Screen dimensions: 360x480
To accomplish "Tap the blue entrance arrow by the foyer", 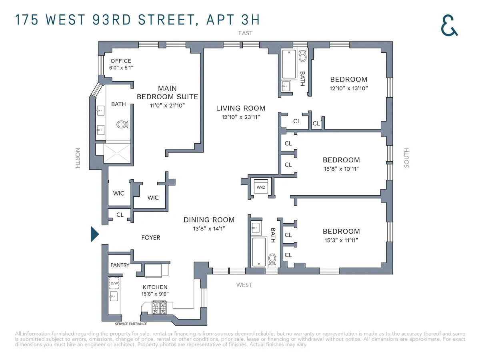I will click(x=94, y=234).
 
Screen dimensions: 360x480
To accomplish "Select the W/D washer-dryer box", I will click(x=261, y=187).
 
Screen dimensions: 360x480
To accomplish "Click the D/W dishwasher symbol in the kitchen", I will click(x=114, y=283).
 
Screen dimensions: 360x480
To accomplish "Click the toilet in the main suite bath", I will click(x=123, y=124).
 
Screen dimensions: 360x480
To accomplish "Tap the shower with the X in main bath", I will click(x=117, y=152).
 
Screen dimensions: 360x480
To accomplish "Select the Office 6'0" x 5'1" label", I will click(x=121, y=64).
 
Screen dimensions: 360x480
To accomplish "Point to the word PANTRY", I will click(x=120, y=265).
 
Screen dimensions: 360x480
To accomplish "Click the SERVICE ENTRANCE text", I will click(x=131, y=324).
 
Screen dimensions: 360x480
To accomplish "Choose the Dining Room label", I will click(x=209, y=220).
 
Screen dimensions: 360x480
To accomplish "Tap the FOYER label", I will click(x=151, y=238).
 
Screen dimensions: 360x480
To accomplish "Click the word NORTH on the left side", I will click(x=78, y=158).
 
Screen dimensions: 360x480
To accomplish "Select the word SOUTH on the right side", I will click(x=406, y=158).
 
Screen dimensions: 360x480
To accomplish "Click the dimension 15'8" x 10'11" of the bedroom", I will click(x=341, y=169).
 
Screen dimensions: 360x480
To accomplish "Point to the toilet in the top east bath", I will click(x=302, y=56).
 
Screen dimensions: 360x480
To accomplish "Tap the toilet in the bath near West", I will click(x=272, y=260).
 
